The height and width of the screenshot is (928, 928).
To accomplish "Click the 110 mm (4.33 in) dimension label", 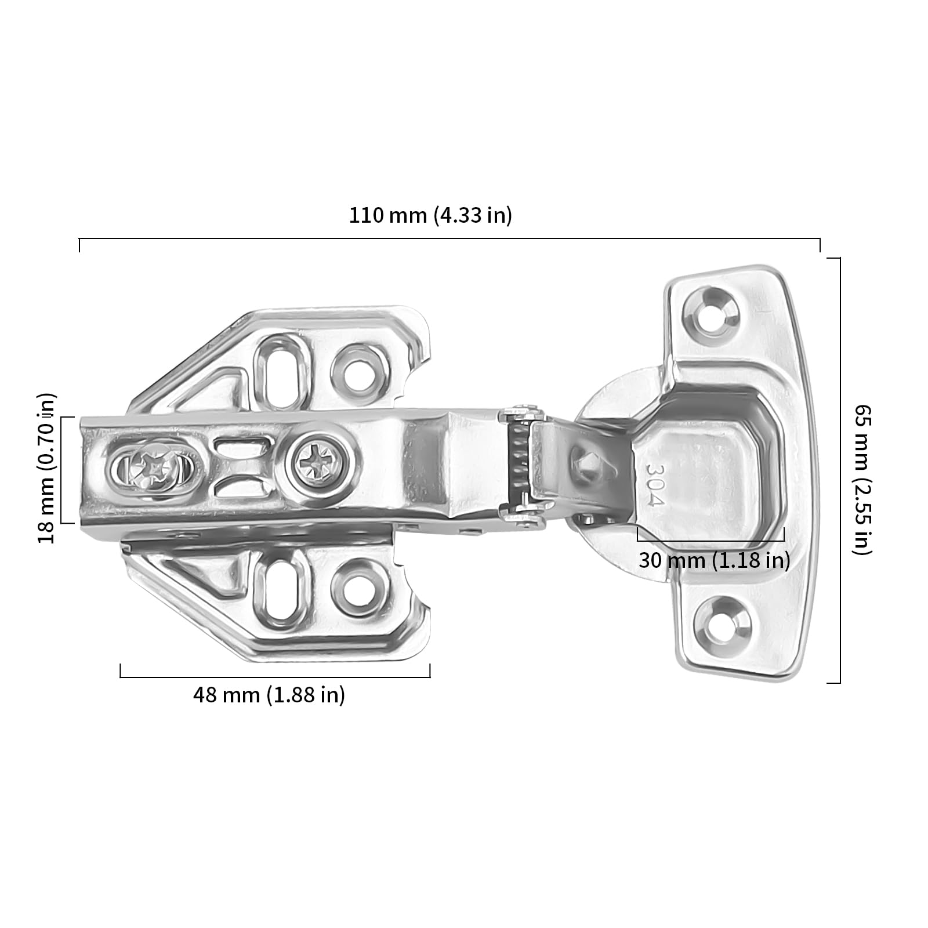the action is (430, 215).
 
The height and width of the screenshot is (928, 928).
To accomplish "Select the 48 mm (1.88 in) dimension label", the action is (269, 694).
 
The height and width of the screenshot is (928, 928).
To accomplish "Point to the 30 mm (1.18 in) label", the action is (715, 560).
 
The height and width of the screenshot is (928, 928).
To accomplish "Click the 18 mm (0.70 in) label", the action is (47, 468).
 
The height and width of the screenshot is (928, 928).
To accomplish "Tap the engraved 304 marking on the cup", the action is (654, 484).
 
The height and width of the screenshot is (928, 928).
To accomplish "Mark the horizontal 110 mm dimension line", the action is (449, 238).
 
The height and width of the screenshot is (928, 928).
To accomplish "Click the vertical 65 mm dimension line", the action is (840, 470).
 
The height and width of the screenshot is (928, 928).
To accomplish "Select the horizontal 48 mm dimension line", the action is (275, 677).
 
